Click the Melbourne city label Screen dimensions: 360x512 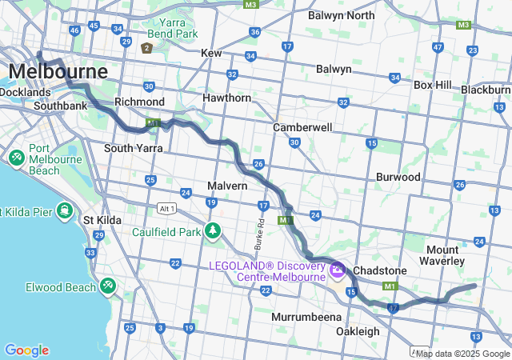tap(58, 72)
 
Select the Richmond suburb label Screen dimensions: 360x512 tap(139, 102)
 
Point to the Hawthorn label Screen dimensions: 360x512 tap(226, 98)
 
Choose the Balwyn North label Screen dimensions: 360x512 tap(341, 15)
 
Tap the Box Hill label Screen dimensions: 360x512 tap(433, 85)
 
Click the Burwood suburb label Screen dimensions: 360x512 tap(398, 177)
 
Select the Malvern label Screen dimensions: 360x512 tap(227, 186)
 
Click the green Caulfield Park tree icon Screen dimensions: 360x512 tap(212, 232)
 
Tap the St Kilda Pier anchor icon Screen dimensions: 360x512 tap(65, 212)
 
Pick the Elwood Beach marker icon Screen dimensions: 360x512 tap(107, 286)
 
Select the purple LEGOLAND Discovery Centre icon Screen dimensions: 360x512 tap(337, 271)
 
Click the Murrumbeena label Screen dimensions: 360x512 tap(304, 318)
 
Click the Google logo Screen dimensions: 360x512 tap(26, 350)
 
